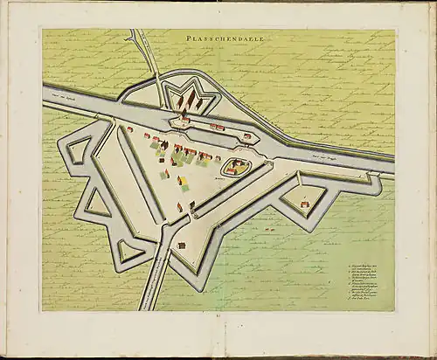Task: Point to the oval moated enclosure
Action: click(x=234, y=166)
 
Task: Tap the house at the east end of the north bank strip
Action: click(x=246, y=136)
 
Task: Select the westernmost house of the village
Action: click(x=129, y=129)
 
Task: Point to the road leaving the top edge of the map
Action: click(x=136, y=39)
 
